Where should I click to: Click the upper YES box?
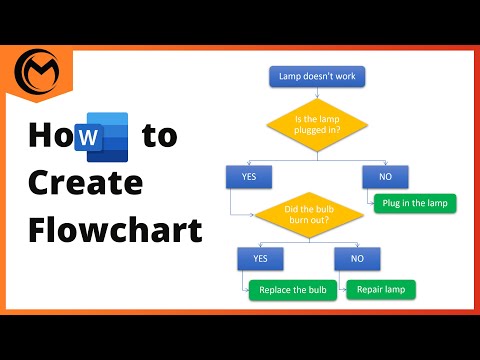pos(249,177)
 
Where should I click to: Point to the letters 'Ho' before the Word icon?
pos(49,136)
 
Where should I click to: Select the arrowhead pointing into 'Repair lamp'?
pos(346,290)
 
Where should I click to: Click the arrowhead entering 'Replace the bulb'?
pos(246,290)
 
